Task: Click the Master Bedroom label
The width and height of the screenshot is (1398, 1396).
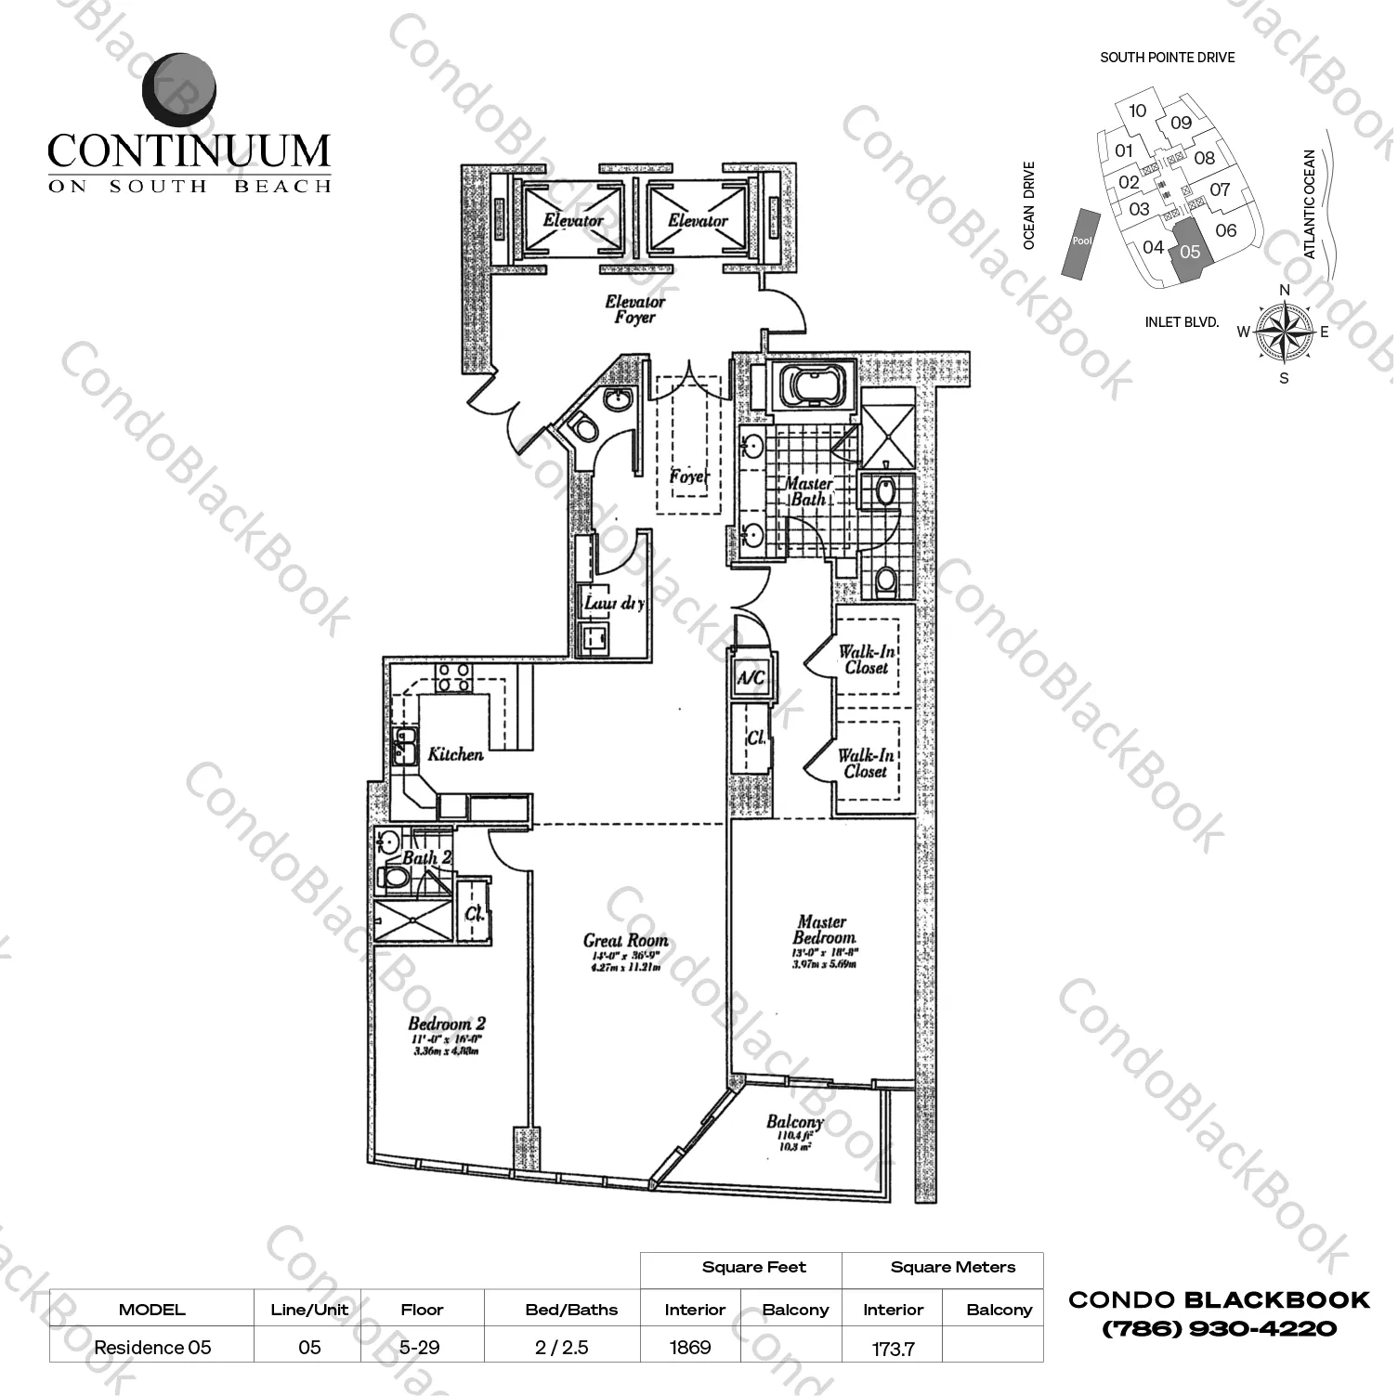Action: [x=823, y=930]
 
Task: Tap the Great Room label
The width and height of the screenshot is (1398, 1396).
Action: [x=625, y=941]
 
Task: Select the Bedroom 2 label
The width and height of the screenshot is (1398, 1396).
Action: [x=446, y=1024]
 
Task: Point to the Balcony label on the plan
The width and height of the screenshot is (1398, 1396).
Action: [x=794, y=1122]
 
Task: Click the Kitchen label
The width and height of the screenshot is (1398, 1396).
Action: [x=455, y=754]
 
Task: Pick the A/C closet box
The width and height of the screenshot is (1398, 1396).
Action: [x=751, y=678]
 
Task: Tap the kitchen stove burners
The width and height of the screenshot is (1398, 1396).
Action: [x=453, y=677]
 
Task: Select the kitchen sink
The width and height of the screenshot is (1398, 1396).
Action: [x=404, y=745]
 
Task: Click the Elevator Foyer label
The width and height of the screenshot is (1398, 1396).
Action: [x=634, y=309]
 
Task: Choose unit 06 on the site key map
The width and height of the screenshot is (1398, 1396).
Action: [x=1226, y=230]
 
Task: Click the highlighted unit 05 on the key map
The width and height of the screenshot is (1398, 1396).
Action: [x=1190, y=252]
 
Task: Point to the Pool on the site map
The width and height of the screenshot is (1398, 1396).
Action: [x=1081, y=241]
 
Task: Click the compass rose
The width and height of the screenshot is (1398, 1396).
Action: [x=1283, y=333]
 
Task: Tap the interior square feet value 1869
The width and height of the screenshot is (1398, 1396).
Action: [x=690, y=1347]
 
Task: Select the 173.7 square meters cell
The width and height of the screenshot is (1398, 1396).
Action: [x=893, y=1349]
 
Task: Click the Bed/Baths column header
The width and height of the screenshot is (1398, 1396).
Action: [x=571, y=1310]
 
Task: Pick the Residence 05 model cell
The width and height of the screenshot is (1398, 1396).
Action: [x=152, y=1347]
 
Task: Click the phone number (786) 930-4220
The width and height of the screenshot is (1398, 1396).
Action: [x=1219, y=1329]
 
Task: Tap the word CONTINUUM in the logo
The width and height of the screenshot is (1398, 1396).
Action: [x=189, y=150]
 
